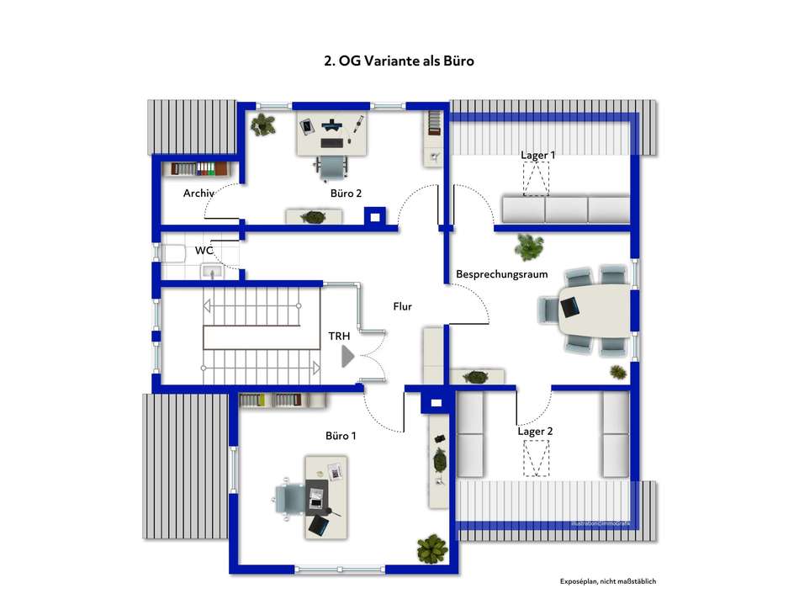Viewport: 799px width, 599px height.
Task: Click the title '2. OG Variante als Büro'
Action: tap(399, 61)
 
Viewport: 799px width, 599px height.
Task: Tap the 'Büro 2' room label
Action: tap(346, 193)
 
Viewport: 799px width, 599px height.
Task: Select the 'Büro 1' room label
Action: tap(341, 436)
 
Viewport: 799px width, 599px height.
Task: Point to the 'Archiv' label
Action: tap(199, 193)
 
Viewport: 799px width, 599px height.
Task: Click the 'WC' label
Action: tap(204, 251)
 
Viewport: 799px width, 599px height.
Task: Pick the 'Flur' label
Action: tap(403, 307)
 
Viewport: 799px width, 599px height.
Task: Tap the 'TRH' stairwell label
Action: tap(339, 337)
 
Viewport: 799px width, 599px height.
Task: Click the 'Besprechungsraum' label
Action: tap(502, 274)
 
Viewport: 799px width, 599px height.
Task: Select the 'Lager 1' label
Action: tap(538, 155)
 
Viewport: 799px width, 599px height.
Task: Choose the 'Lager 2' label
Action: tap(535, 432)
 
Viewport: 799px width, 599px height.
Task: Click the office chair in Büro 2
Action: tap(333, 167)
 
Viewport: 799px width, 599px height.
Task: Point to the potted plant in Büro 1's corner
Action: tap(431, 549)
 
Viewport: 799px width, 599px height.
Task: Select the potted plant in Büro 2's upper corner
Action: tap(264, 125)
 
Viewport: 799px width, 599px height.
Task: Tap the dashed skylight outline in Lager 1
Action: tap(536, 178)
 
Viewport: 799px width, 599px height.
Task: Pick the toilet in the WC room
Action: tap(173, 252)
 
